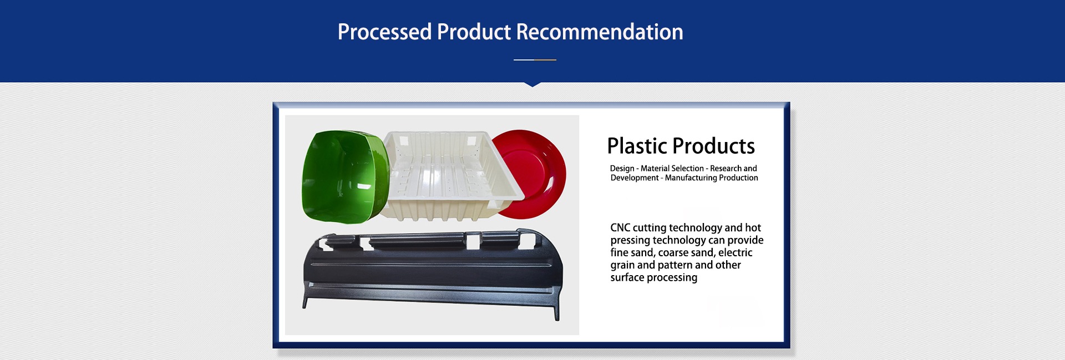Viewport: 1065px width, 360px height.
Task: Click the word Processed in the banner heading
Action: (384, 32)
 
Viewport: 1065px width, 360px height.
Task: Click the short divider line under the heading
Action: (535, 59)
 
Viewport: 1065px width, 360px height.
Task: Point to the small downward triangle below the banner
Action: (532, 84)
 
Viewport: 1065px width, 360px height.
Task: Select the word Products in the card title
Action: (713, 146)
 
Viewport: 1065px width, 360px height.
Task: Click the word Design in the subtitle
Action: (622, 169)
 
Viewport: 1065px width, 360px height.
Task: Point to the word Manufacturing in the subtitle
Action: (691, 178)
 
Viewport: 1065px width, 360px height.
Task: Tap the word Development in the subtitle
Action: (635, 178)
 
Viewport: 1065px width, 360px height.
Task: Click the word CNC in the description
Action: (620, 227)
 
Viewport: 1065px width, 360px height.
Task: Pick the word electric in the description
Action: (735, 252)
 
